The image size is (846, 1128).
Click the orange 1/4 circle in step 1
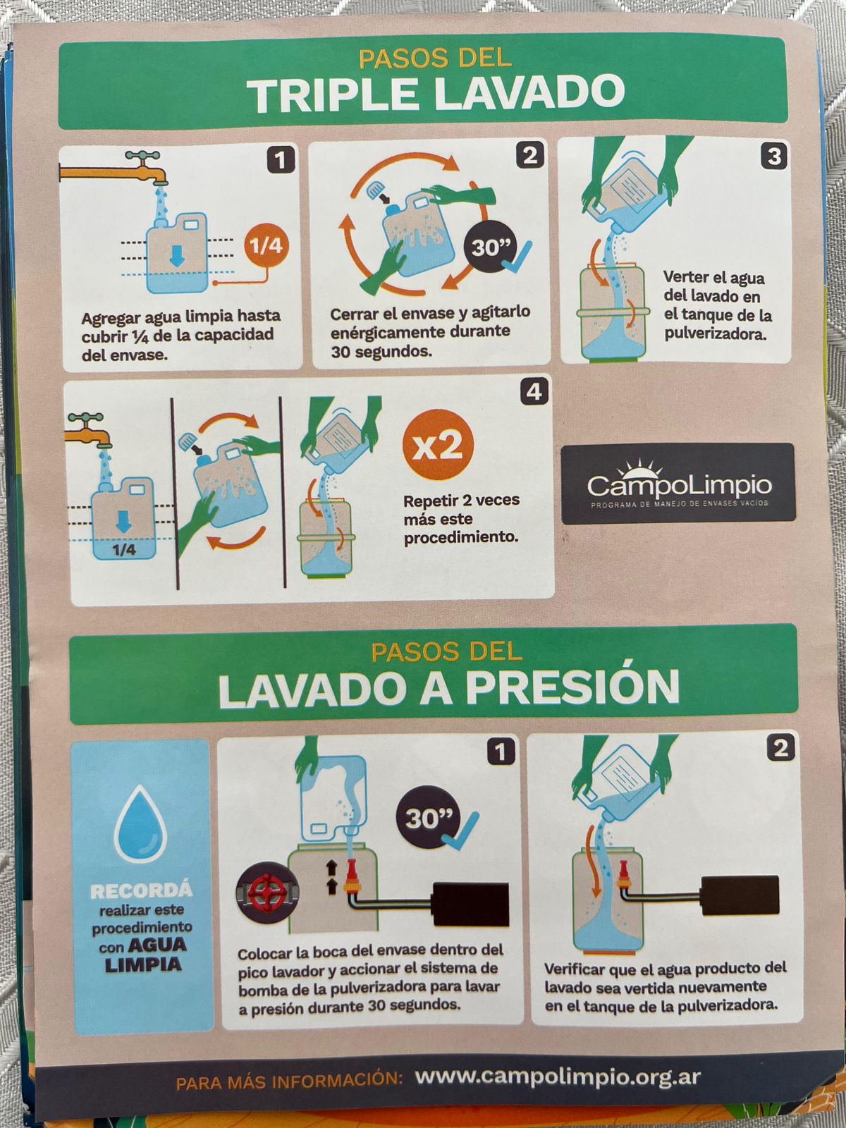(x=266, y=245)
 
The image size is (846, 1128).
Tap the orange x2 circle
(x=438, y=445)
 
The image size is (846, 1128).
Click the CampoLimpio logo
(x=678, y=484)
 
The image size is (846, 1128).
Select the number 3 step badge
(x=775, y=157)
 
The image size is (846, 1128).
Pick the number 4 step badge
(x=534, y=392)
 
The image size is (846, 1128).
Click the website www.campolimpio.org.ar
(x=558, y=1077)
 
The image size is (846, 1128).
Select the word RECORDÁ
(x=141, y=890)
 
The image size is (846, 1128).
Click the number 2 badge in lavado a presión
(x=780, y=747)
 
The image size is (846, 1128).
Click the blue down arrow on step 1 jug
(x=177, y=255)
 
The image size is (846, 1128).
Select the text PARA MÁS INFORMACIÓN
(x=288, y=1081)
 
